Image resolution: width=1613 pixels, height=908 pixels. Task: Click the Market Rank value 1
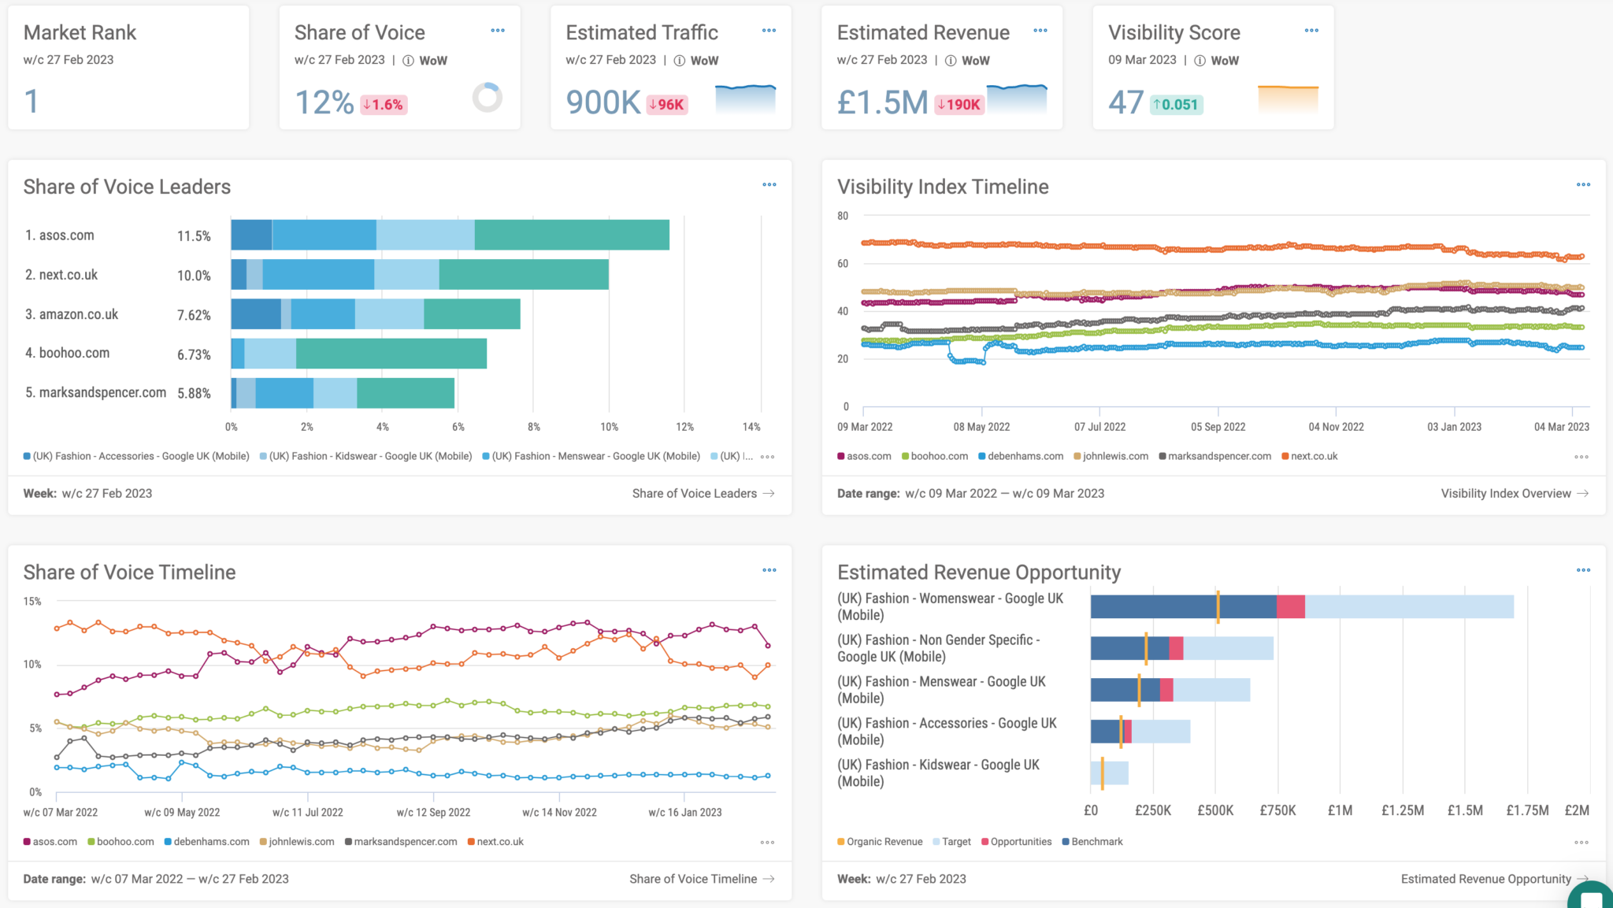coord(32,102)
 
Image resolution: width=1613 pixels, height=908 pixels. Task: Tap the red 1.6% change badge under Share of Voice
coord(384,105)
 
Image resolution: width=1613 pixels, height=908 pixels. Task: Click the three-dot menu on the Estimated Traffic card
coord(769,31)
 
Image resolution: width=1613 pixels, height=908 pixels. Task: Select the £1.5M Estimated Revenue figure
coord(882,102)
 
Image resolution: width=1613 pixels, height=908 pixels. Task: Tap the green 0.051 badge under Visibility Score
coord(1176,105)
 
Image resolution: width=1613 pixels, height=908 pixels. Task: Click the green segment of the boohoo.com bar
coord(391,354)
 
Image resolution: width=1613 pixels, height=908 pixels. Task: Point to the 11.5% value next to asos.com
coord(194,236)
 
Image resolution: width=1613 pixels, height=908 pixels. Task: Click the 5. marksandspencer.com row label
coord(95,392)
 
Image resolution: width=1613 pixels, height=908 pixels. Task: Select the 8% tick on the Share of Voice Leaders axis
coord(534,427)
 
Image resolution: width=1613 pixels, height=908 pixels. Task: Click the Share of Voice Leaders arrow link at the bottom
coord(703,494)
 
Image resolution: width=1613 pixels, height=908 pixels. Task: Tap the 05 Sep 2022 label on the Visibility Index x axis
coord(1218,427)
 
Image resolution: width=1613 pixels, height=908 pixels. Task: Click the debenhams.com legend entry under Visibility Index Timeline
coord(1021,457)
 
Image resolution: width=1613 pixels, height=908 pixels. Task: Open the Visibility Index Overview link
coord(1514,494)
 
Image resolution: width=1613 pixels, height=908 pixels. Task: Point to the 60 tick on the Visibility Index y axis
coord(843,264)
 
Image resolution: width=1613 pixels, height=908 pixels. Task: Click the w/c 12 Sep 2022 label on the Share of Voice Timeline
coord(433,812)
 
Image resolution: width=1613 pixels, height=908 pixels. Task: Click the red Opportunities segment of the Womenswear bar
coord(1290,606)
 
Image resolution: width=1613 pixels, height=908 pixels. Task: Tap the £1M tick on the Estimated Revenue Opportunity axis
coord(1340,810)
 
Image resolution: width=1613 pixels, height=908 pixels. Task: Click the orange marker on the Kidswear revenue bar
coord(1102,773)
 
